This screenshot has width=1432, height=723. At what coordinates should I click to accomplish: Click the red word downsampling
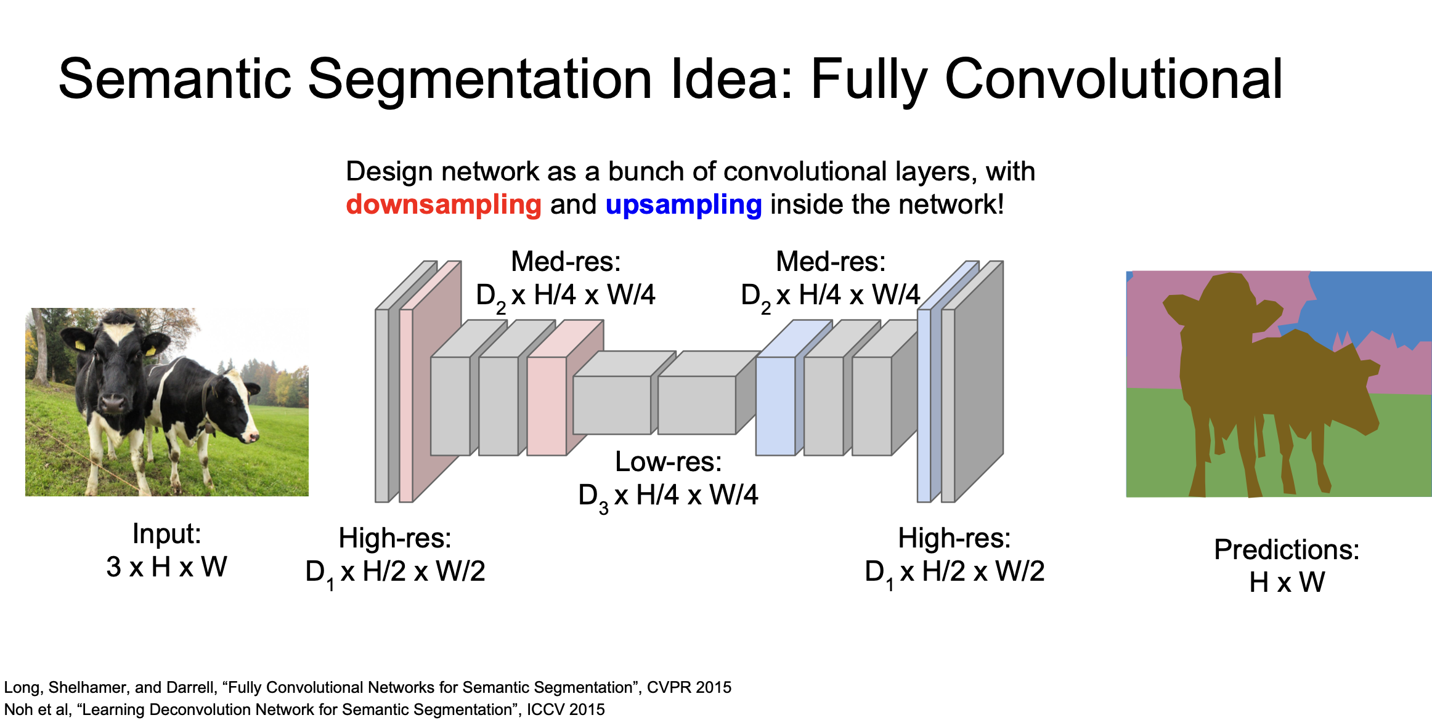(x=444, y=204)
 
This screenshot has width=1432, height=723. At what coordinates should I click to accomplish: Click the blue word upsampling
(x=683, y=204)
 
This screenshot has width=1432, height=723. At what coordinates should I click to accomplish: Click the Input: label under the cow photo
(x=166, y=533)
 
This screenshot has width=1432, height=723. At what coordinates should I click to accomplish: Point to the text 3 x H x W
(x=166, y=567)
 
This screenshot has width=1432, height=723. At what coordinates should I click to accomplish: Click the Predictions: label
(x=1287, y=549)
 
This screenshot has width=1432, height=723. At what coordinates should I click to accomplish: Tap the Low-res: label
(x=668, y=462)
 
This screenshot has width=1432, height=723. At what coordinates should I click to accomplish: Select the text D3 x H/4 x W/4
(x=668, y=495)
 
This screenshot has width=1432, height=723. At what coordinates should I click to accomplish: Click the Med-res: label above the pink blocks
(x=566, y=262)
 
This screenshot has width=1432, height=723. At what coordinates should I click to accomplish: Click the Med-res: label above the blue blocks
(x=831, y=262)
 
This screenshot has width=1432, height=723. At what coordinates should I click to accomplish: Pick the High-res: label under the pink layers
(x=395, y=538)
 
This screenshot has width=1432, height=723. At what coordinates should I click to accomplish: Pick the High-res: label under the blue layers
(x=954, y=538)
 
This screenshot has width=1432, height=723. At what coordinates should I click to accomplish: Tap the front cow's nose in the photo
(x=113, y=403)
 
